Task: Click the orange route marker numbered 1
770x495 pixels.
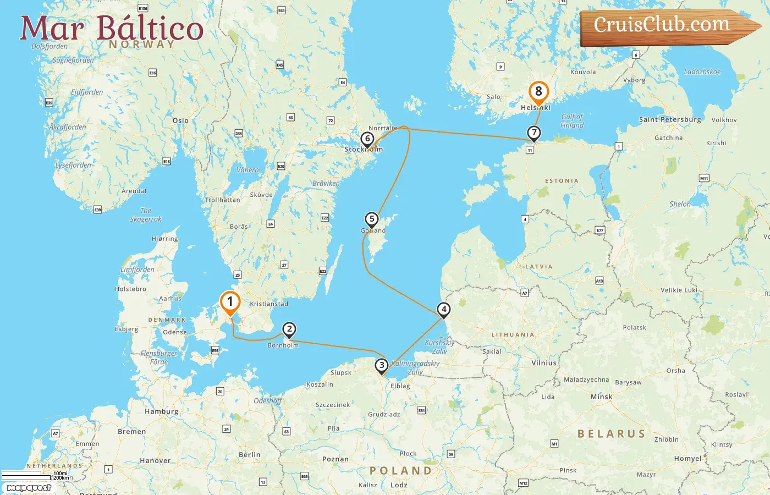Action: pyautogui.click(x=230, y=302)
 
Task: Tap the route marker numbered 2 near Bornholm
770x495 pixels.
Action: pyautogui.click(x=289, y=329)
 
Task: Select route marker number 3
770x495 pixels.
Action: pyautogui.click(x=382, y=365)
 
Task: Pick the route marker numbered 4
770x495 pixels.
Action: pyautogui.click(x=444, y=310)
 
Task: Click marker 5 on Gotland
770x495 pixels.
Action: pyautogui.click(x=372, y=219)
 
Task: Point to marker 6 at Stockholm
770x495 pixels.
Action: pyautogui.click(x=367, y=139)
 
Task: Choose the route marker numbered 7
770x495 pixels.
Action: pyautogui.click(x=533, y=133)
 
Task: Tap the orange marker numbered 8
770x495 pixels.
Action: pyautogui.click(x=538, y=92)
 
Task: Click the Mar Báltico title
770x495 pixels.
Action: pyautogui.click(x=112, y=28)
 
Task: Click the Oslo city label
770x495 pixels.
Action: pyautogui.click(x=180, y=120)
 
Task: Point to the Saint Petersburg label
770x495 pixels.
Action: pyautogui.click(x=670, y=119)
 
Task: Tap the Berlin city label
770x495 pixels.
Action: pyautogui.click(x=250, y=455)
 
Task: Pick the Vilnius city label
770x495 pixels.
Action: pyautogui.click(x=544, y=363)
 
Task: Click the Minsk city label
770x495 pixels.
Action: pyautogui.click(x=601, y=397)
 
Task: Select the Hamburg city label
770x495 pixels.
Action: pyautogui.click(x=161, y=411)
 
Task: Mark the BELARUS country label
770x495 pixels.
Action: pyautogui.click(x=611, y=434)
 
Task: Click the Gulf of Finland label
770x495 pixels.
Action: pyautogui.click(x=572, y=121)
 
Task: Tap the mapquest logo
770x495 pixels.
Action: pyautogui.click(x=29, y=487)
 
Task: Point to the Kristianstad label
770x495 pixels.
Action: pyautogui.click(x=269, y=304)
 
